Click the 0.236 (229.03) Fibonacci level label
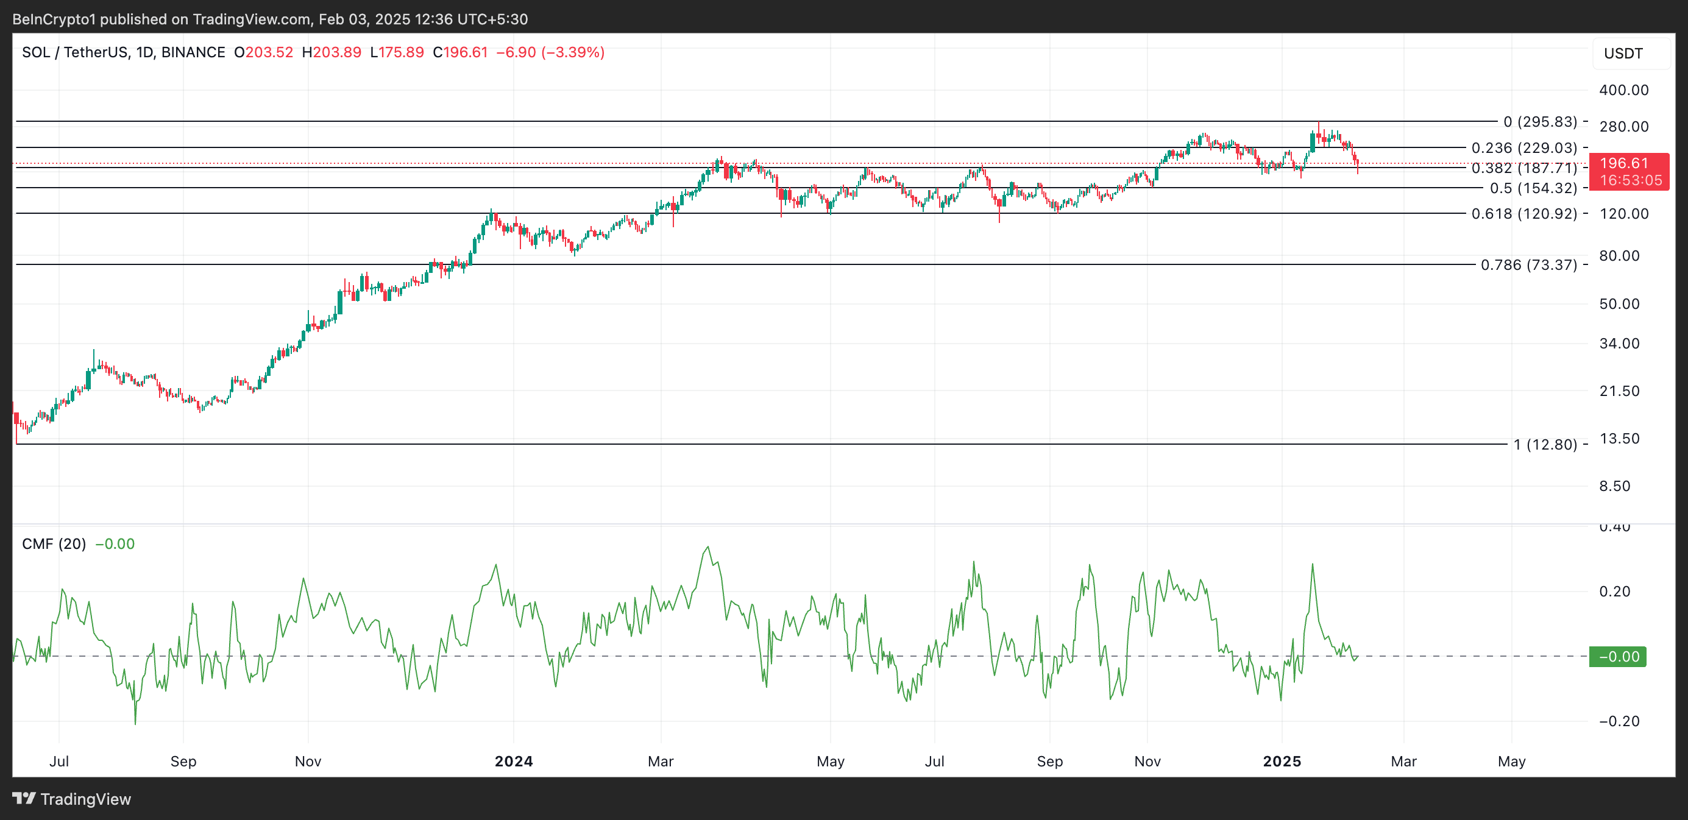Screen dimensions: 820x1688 pos(1523,148)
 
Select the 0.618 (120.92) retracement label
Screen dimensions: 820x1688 pos(1523,213)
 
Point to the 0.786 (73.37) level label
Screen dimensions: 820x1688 pos(1528,264)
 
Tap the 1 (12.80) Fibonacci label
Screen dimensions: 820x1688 pos(1545,445)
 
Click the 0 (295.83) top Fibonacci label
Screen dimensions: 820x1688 pos(1540,122)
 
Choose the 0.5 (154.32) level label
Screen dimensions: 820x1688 pos(1533,189)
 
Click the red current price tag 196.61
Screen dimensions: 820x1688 pos(1629,163)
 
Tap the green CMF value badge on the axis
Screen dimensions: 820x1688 pos(1618,656)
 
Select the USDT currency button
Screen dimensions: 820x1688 pos(1623,54)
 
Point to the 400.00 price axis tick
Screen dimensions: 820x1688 pos(1624,90)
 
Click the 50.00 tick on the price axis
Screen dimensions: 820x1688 pos(1619,304)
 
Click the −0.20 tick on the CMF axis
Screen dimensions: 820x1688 pos(1619,721)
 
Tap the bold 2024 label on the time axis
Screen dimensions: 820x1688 pos(514,761)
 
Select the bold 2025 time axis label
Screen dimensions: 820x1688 pos(1282,761)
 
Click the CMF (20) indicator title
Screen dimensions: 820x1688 pos(54,544)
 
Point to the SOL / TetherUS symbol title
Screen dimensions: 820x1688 pos(123,52)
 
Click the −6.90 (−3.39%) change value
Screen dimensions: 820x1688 pos(550,52)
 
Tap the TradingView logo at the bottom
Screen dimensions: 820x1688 pos(72,799)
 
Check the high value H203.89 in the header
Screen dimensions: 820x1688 pos(332,52)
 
